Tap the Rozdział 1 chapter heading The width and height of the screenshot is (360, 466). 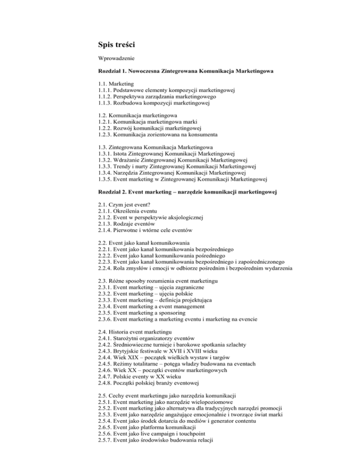[x=179, y=73]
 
